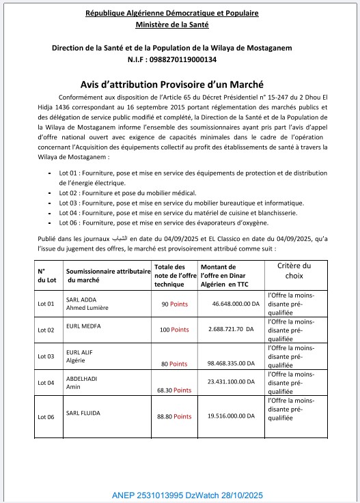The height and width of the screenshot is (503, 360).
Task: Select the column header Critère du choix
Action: [x=297, y=270]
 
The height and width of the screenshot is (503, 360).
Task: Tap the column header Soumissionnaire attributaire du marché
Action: [x=108, y=276]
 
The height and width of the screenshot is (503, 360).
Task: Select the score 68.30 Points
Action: [x=174, y=390]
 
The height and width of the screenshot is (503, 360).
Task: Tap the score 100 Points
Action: [x=174, y=330]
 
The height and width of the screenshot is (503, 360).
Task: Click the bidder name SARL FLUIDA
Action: [x=84, y=414]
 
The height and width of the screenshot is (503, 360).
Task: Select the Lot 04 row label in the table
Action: [x=46, y=383]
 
